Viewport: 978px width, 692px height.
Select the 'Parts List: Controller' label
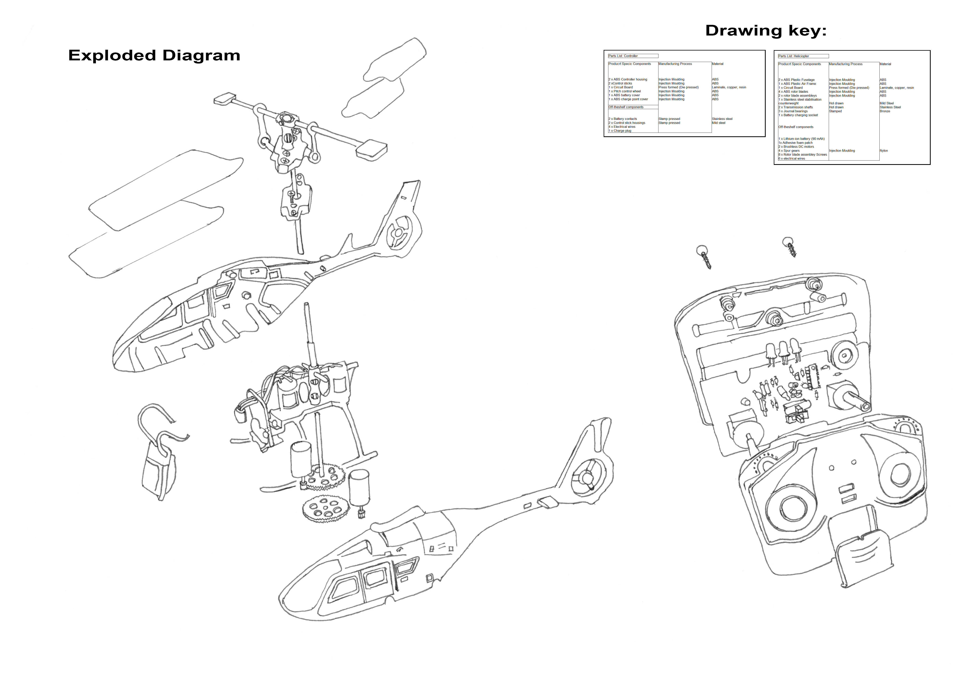coord(623,56)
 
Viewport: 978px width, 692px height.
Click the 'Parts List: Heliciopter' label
coord(793,56)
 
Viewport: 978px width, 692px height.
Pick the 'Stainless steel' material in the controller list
coord(722,119)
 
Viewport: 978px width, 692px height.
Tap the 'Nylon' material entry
coord(884,151)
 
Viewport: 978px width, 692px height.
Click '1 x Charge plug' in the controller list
coord(620,131)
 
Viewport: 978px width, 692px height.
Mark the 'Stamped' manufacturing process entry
coord(835,111)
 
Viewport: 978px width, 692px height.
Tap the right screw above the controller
coord(790,247)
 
